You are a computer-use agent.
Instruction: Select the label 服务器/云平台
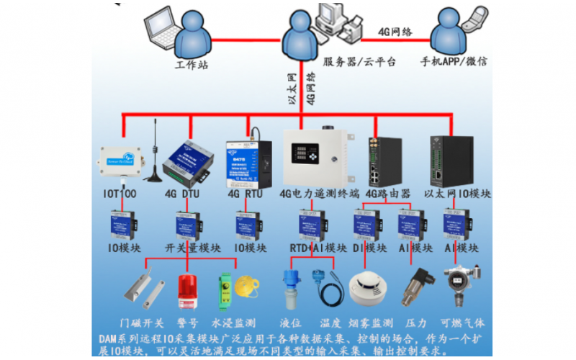[x=359, y=63]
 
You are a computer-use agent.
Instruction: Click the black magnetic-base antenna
[x=153, y=158]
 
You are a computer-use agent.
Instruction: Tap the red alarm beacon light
[x=188, y=292]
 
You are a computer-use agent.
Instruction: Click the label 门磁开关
[x=141, y=322]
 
